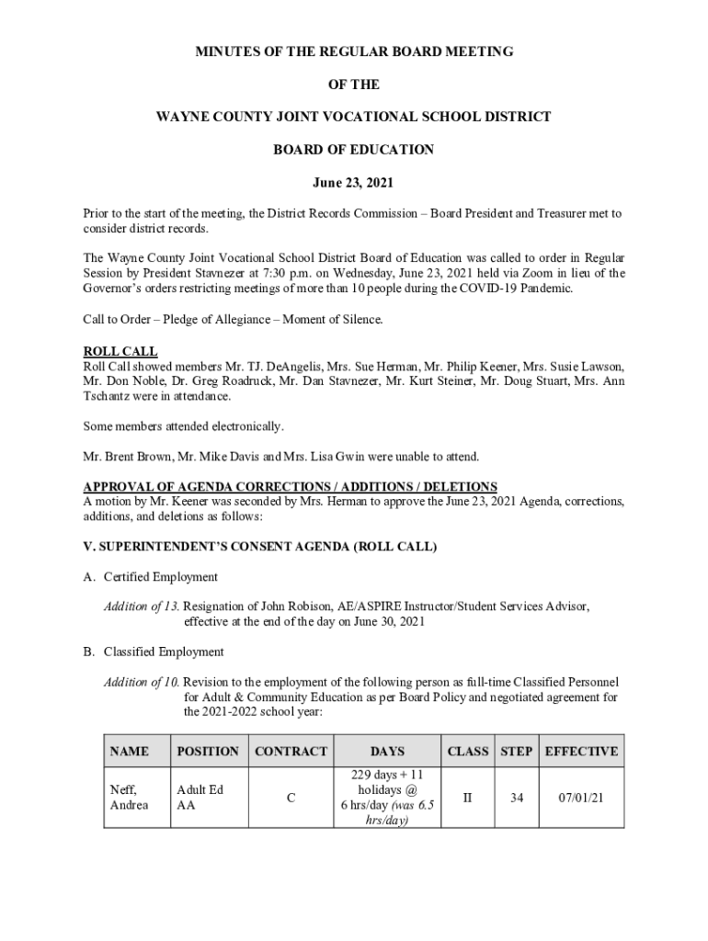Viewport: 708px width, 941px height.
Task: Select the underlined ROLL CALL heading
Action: [120, 352]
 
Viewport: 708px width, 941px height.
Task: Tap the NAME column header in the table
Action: [129, 752]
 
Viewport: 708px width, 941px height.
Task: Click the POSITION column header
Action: [207, 752]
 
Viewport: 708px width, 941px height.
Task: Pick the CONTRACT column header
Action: [291, 752]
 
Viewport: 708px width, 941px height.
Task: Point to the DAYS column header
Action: [387, 752]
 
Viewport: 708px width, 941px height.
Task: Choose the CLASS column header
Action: [467, 752]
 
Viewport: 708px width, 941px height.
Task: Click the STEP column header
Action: [516, 752]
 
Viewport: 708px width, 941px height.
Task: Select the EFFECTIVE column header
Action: [581, 752]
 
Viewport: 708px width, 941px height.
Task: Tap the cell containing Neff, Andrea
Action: [129, 798]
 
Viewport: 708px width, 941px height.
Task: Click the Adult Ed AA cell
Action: [200, 798]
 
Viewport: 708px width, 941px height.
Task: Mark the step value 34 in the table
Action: [517, 799]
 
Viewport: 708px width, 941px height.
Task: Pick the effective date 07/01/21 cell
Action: [581, 799]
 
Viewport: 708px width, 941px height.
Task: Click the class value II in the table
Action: [467, 799]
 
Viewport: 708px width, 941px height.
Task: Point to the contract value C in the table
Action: [291, 799]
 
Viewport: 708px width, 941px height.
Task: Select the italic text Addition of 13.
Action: [142, 607]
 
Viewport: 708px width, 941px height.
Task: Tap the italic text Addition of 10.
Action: [142, 682]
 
